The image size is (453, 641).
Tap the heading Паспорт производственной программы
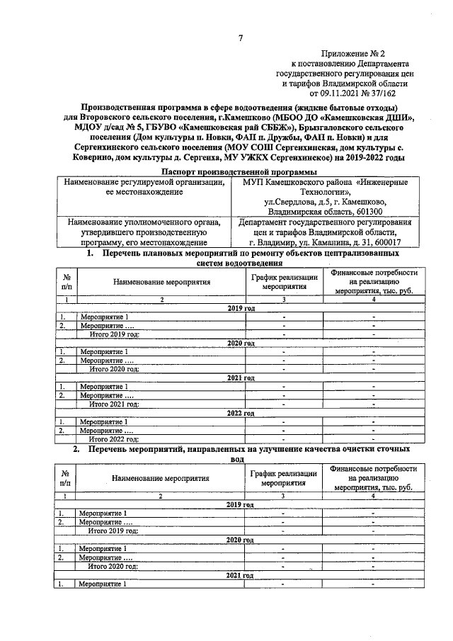click(x=239, y=172)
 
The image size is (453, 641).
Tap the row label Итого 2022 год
click(x=113, y=439)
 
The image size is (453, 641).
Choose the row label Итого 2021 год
click(x=113, y=404)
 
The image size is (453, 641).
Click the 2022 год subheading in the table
click(x=240, y=413)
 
